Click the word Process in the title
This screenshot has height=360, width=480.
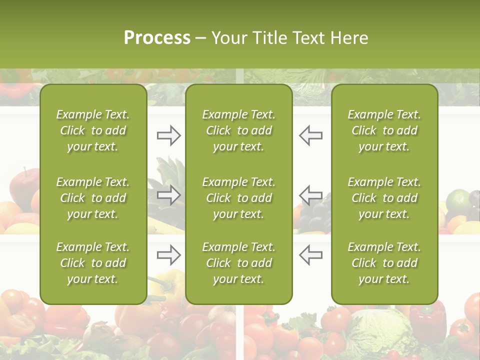[157, 38]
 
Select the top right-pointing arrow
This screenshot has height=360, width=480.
[168, 135]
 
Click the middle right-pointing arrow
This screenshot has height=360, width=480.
[168, 195]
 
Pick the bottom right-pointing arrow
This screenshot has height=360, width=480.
[168, 255]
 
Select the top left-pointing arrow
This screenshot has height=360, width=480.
[311, 135]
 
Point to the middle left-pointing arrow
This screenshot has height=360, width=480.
[311, 195]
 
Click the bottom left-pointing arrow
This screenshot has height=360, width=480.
[311, 255]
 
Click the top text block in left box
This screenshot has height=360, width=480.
[93, 130]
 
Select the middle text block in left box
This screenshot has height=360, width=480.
[93, 198]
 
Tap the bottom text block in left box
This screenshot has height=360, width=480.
[93, 263]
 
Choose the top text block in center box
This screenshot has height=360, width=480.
[238, 130]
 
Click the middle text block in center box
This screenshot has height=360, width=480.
[238, 198]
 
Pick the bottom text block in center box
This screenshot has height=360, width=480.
[238, 263]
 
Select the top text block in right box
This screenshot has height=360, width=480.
[384, 130]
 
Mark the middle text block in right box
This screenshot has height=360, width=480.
[384, 198]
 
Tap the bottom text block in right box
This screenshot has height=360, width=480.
[384, 263]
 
